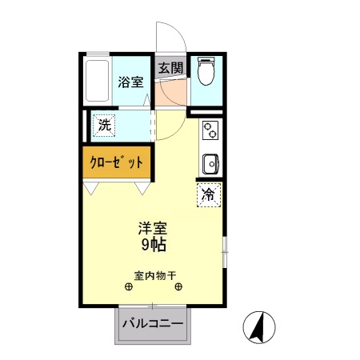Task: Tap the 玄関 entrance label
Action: pos(170,67)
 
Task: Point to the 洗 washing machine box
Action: pos(105,125)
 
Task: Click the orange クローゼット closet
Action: pos(116,162)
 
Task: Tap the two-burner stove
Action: pos(210,129)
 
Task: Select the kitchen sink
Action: pos(211,162)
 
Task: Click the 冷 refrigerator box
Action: pos(208,194)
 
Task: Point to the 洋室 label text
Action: pos(152,226)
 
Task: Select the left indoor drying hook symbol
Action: pos(129,287)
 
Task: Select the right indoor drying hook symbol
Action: pos(178,287)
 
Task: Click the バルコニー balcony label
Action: pos(153,325)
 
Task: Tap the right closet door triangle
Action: pos(143,188)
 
